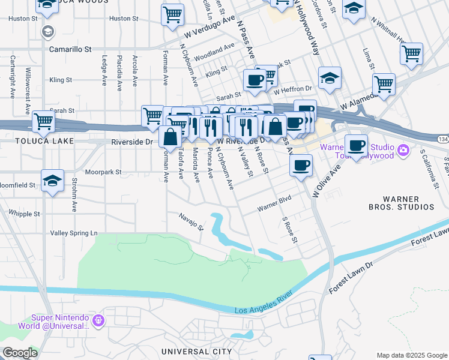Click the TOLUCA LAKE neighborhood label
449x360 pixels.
pos(37,141)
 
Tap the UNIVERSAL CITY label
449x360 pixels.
pos(197,351)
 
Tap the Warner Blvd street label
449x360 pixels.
pos(274,207)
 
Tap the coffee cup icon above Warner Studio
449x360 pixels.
pos(356,145)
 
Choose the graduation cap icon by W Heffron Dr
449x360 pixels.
pos(329,78)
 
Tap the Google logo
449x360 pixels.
pos(20,353)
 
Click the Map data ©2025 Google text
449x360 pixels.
pos(411,355)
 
